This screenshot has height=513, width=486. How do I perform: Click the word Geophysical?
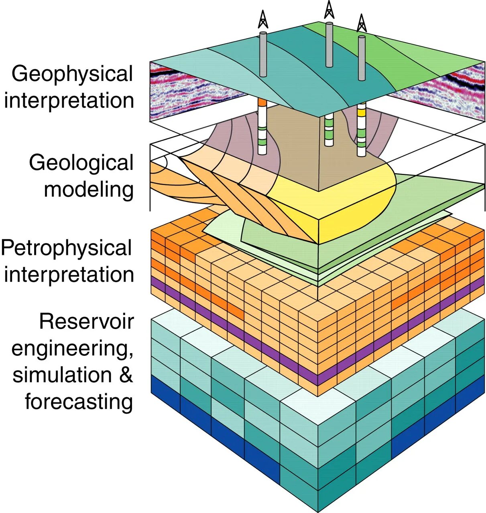coord(72,75)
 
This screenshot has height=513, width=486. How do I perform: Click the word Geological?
coord(81,163)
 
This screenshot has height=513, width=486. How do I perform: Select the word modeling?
coord(89,189)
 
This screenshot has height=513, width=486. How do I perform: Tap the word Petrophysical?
coord(67,248)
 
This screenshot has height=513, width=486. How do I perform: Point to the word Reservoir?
coord(86,321)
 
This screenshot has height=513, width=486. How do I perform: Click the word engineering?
coord(72,349)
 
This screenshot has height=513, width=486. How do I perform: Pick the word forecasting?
coord(79,401)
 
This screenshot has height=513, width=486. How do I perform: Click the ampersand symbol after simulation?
coord(125,375)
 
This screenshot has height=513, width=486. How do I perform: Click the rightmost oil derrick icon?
coord(362,23)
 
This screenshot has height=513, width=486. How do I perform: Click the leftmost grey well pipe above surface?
coord(263,54)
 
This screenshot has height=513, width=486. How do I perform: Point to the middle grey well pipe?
coord(329,44)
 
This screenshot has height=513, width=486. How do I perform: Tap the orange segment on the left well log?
coord(262,103)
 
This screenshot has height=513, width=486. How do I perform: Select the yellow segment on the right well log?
coord(362,113)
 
